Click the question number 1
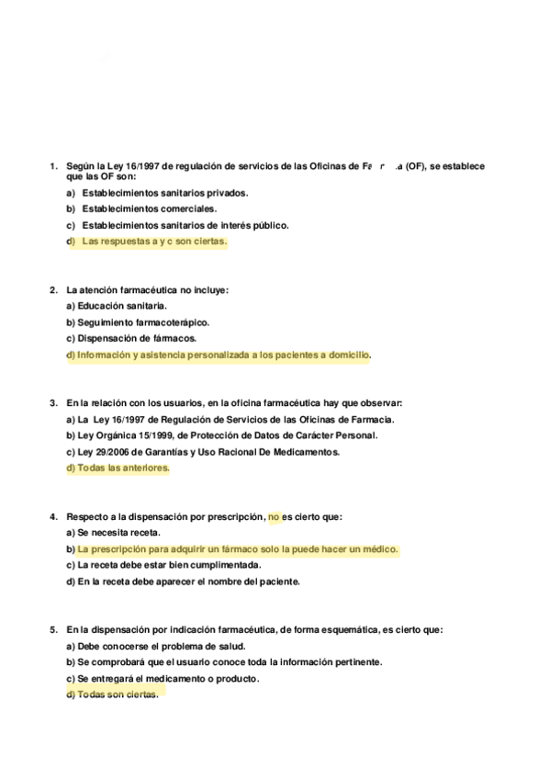[x=52, y=166]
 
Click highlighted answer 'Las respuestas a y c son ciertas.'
[x=153, y=242]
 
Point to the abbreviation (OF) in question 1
[x=417, y=166]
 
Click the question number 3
[x=52, y=402]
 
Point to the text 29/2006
[x=105, y=452]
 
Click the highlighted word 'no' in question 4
[x=273, y=516]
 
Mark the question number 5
[x=52, y=630]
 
